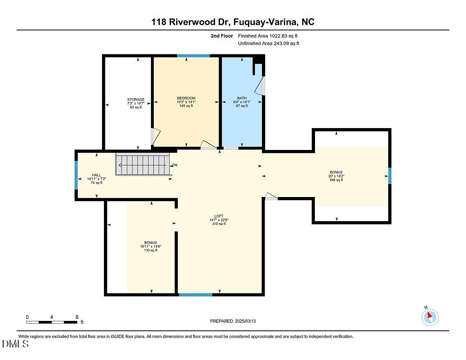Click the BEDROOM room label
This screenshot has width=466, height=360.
(x=186, y=98)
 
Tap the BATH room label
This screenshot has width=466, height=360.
(x=241, y=98)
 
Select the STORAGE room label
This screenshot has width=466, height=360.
(x=136, y=100)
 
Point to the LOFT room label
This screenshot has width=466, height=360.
(x=218, y=216)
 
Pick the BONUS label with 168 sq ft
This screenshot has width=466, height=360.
(x=336, y=172)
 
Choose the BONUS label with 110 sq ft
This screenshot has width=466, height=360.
(x=151, y=243)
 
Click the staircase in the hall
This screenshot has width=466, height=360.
(x=144, y=165)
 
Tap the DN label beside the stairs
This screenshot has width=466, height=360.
(x=175, y=165)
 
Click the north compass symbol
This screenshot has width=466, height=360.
(x=430, y=317)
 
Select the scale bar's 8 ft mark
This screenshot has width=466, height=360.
(x=77, y=317)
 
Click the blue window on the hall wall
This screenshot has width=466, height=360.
(x=76, y=175)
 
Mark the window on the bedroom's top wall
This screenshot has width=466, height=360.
(x=193, y=56)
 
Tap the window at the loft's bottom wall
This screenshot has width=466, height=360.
(x=195, y=294)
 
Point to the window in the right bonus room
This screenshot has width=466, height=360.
(x=390, y=176)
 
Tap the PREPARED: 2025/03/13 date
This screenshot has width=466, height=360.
(x=233, y=321)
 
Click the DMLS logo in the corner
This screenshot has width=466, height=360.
(x=15, y=344)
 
